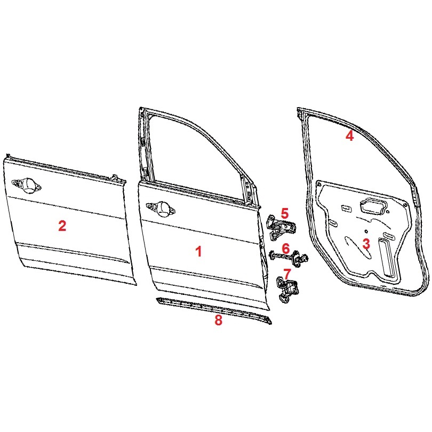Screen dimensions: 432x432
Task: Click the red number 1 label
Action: pyautogui.click(x=198, y=252)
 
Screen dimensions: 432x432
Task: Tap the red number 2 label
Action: pyautogui.click(x=62, y=226)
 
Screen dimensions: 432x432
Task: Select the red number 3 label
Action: pyautogui.click(x=366, y=244)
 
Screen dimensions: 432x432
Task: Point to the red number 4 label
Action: pyautogui.click(x=349, y=136)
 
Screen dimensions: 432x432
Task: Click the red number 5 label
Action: pyautogui.click(x=284, y=213)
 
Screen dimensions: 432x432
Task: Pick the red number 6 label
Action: pyautogui.click(x=286, y=249)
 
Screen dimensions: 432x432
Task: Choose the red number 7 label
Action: pyautogui.click(x=287, y=274)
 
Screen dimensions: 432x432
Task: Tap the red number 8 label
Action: pyautogui.click(x=218, y=320)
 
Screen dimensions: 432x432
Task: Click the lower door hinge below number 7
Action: pyautogui.click(x=286, y=290)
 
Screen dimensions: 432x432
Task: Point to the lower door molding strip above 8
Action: pyautogui.click(x=213, y=310)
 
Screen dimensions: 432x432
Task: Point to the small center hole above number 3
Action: pyautogui.click(x=366, y=231)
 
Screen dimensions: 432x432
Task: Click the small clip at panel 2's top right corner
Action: pyautogui.click(x=116, y=178)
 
